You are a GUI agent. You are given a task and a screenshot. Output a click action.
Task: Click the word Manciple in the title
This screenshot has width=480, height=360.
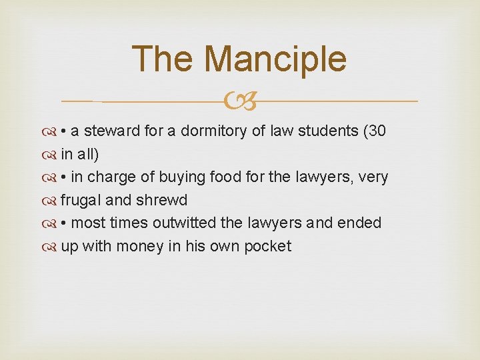(x=275, y=59)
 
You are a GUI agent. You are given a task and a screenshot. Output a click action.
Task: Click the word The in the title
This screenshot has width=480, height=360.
(x=163, y=59)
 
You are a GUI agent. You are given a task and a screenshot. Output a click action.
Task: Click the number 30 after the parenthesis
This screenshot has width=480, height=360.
(x=377, y=131)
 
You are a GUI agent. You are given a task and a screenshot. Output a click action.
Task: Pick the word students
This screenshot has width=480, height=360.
(x=329, y=131)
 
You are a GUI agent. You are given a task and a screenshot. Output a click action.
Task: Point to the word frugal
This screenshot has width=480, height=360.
(x=79, y=200)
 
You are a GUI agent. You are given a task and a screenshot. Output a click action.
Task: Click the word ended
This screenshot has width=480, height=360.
(x=360, y=223)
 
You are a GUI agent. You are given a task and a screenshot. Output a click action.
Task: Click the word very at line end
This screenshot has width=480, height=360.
(x=374, y=177)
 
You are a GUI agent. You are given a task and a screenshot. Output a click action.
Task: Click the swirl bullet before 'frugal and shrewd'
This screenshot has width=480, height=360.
(x=51, y=201)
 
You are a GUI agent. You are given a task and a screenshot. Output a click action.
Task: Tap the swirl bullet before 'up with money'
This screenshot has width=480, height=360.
(x=51, y=247)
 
